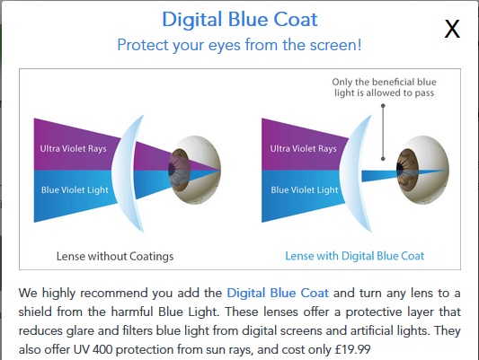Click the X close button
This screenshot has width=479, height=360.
(452, 29)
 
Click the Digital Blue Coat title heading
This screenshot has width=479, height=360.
(240, 19)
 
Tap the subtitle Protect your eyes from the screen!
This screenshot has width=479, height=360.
(239, 45)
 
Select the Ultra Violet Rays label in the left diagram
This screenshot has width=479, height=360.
(74, 148)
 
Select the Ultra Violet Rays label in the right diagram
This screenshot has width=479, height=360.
(304, 148)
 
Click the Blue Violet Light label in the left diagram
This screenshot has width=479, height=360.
(75, 190)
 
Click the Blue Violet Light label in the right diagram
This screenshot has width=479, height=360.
(305, 190)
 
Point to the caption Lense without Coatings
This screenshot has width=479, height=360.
(115, 256)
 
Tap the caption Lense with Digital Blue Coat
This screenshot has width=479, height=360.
(355, 256)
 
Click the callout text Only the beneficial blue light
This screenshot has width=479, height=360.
(384, 87)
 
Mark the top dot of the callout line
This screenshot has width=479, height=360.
(383, 106)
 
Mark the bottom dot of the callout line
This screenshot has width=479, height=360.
(383, 159)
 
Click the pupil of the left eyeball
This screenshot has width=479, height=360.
(172, 170)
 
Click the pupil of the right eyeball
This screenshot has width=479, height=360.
(400, 169)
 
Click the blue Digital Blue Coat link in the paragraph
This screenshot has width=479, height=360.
(278, 293)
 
